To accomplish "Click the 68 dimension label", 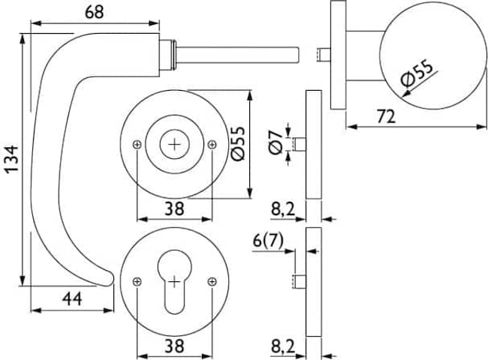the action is point(95,12).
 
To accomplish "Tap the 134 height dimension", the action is point(13,159).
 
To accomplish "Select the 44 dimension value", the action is point(72,298).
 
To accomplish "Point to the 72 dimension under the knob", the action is point(386,116).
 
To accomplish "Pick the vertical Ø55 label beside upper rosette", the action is point(239,143).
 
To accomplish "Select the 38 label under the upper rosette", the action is point(174,208).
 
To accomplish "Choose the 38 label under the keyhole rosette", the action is point(174,346).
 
